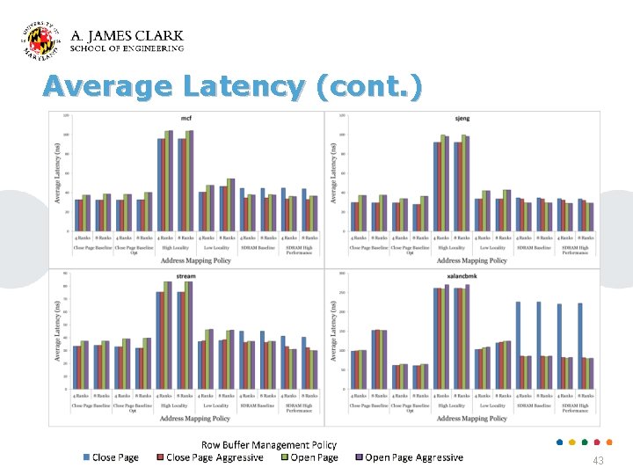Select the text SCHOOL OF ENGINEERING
coord(127,49)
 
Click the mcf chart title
coord(186,118)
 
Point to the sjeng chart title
coord(462,118)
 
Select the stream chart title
coord(186,275)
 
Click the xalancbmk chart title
coord(462,275)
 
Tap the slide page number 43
coord(598,461)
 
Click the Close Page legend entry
coord(111,457)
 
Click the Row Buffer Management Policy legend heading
coord(269,445)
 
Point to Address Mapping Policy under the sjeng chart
coord(471,260)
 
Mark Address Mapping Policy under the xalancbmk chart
coord(471,419)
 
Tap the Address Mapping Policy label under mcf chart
coord(195,260)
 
